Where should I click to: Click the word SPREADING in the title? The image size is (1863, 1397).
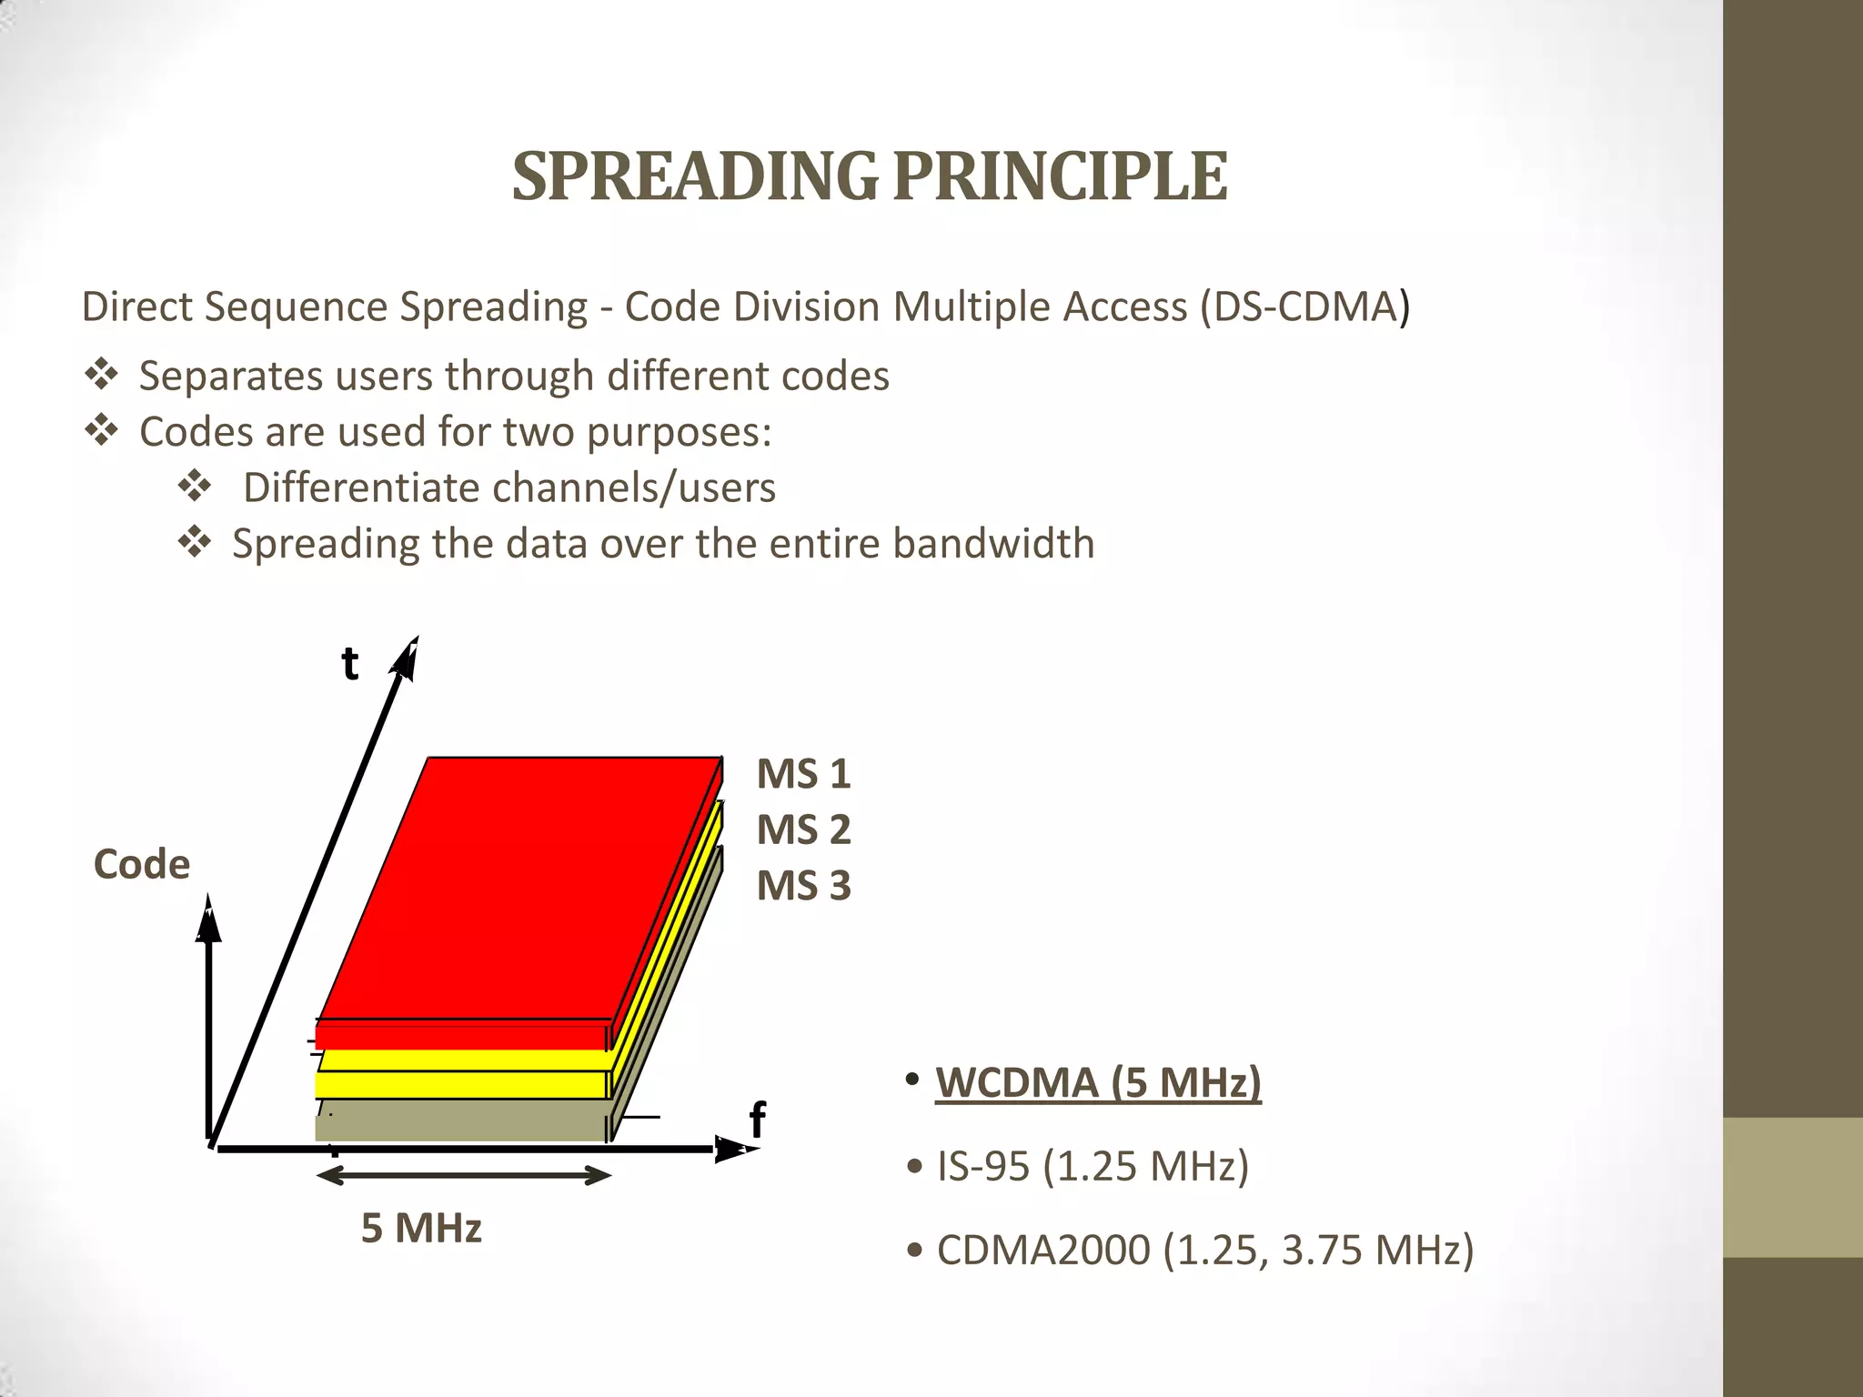pyautogui.click(x=696, y=176)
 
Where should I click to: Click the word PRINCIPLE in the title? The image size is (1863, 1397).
pyautogui.click(x=1061, y=176)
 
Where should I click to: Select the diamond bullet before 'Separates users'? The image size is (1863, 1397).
pyautogui.click(x=101, y=375)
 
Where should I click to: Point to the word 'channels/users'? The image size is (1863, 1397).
pyautogui.click(x=634, y=487)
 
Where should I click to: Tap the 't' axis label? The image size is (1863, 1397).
pyautogui.click(x=350, y=664)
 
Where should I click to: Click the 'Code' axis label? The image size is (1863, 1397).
pyautogui.click(x=142, y=864)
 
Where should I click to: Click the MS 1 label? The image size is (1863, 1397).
pyautogui.click(x=803, y=774)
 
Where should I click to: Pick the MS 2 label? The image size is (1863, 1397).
pyautogui.click(x=803, y=829)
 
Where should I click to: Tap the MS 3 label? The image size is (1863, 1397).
pyautogui.click(x=803, y=886)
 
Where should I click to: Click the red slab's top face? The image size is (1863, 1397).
pyautogui.click(x=519, y=887)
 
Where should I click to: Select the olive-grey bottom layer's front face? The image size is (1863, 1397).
pyautogui.click(x=460, y=1128)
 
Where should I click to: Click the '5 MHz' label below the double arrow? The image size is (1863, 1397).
pyautogui.click(x=421, y=1229)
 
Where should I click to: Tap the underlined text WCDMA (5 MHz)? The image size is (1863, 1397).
pyautogui.click(x=1098, y=1082)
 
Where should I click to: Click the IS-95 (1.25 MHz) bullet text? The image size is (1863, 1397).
pyautogui.click(x=1093, y=1166)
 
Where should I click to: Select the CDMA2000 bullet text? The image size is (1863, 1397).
pyautogui.click(x=1204, y=1250)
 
